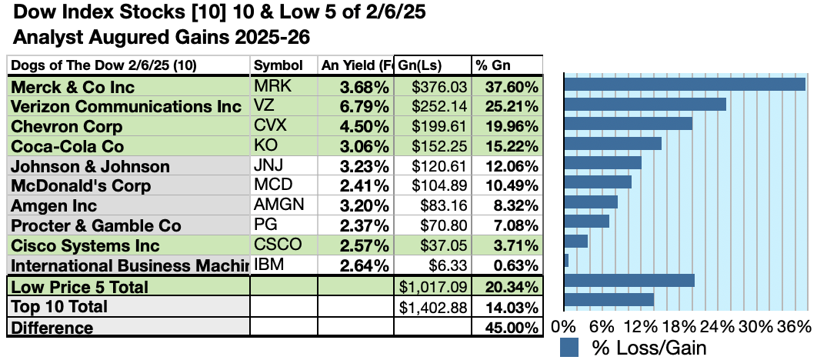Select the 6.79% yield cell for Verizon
pos(356,106)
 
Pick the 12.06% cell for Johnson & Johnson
pos(506,166)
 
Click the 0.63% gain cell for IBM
pos(506,266)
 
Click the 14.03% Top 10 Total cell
pos(506,307)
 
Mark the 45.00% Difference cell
pos(506,328)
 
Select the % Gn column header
pos(506,65)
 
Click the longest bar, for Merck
pos(685,84)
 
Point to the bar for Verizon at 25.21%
pos(645,104)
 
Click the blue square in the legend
pos(569,348)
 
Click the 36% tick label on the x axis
pos(795,326)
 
